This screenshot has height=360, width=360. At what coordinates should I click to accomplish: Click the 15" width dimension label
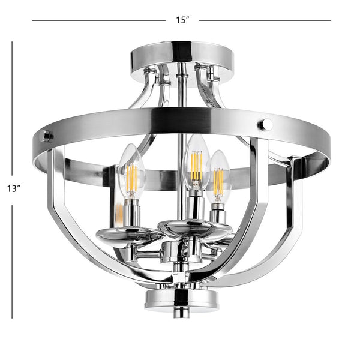pyautogui.click(x=182, y=20)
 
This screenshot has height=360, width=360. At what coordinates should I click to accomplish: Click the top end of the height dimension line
pyautogui.click(x=13, y=41)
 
